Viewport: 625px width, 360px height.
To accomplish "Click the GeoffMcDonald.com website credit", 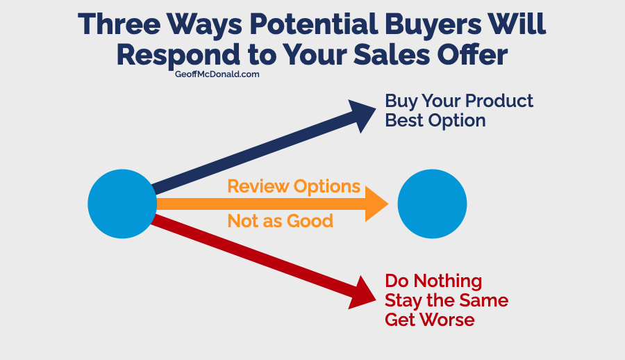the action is click(217, 74).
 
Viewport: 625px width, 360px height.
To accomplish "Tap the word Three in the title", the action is click(119, 24).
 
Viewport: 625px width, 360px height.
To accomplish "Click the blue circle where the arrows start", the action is click(122, 204).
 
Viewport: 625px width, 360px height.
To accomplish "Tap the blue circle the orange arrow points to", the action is click(432, 204).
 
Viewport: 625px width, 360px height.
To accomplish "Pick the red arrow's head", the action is click(361, 293).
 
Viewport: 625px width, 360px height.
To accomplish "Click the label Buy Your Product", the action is click(459, 101).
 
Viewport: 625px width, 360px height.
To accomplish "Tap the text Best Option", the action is click(435, 120).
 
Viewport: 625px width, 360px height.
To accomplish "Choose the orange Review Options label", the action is click(294, 186).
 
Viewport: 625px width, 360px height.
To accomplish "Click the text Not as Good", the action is click(281, 221).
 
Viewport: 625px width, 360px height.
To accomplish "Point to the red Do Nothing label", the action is click(433, 281).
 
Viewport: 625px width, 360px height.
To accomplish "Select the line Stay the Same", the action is click(447, 300).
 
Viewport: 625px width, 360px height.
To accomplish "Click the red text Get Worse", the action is click(430, 320).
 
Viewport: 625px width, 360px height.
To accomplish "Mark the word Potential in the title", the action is click(314, 24).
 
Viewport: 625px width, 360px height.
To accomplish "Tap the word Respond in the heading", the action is click(178, 56).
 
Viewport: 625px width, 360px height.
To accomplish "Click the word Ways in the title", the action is click(204, 26).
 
